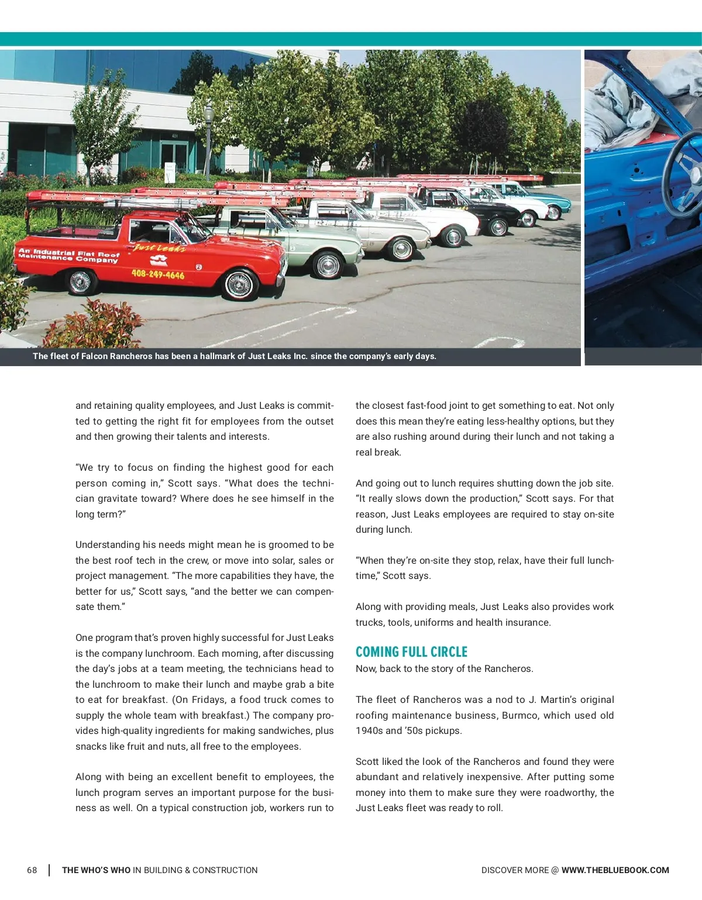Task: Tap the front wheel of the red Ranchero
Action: click(x=238, y=285)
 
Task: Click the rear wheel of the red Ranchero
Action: click(x=80, y=282)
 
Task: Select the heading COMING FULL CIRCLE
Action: click(x=411, y=651)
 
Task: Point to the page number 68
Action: click(x=32, y=870)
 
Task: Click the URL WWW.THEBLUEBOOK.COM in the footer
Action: click(x=615, y=870)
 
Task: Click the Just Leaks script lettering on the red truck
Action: click(x=159, y=247)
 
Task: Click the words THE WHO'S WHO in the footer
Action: click(x=96, y=870)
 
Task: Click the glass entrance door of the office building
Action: click(x=174, y=158)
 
